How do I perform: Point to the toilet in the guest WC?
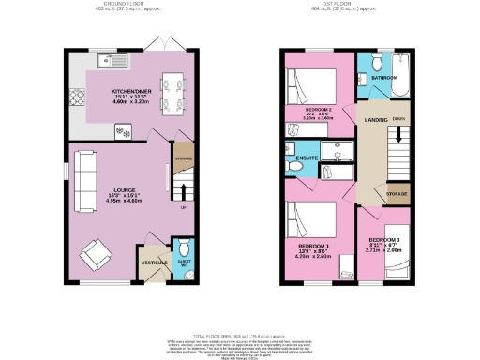click(x=182, y=247)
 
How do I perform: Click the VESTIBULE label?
click(x=153, y=263)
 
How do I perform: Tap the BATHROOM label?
click(x=382, y=77)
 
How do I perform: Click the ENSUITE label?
click(x=307, y=158)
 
